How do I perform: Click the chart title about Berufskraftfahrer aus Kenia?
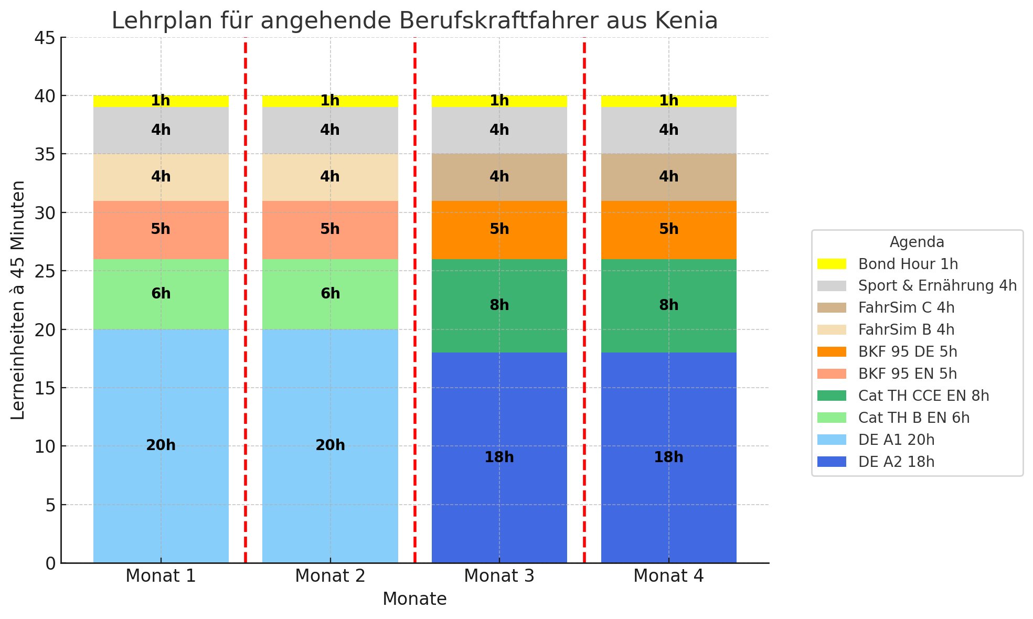414,21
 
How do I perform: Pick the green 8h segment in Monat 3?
499,305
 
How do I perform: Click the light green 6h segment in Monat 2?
330,294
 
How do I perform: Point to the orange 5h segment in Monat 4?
668,230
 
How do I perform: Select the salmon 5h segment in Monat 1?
161,230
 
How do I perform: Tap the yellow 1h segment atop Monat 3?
499,101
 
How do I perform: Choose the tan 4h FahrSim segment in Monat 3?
499,177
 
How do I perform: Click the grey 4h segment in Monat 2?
330,130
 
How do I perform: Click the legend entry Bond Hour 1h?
908,264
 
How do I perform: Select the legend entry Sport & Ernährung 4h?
937,286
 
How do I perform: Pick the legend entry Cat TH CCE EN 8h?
923,396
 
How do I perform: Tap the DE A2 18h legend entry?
896,462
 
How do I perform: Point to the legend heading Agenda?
917,242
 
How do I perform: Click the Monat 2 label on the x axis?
330,576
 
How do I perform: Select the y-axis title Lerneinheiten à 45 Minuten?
18,300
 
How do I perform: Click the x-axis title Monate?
414,599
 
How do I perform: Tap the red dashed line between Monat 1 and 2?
246,315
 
